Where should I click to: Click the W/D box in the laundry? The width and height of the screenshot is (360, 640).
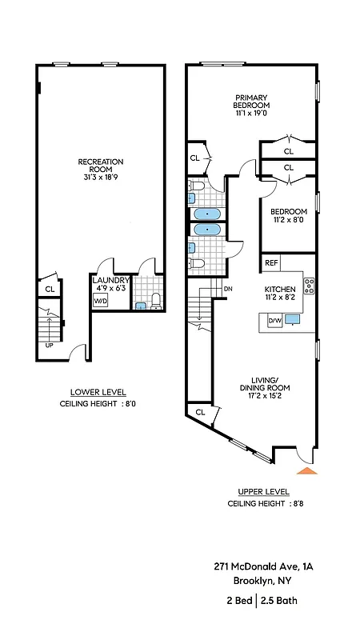101,301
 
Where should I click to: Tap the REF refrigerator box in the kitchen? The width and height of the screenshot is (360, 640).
271,262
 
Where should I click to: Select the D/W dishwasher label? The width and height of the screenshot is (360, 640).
274,321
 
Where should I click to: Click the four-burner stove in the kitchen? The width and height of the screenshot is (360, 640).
309,285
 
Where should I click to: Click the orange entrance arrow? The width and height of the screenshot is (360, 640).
307,470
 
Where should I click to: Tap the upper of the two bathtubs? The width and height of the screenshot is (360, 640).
208,214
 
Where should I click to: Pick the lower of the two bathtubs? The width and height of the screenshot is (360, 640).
208,230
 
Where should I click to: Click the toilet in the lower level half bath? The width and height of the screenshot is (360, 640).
157,302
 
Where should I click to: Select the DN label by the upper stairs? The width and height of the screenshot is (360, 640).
228,289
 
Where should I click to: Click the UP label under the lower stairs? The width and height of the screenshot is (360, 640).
50,346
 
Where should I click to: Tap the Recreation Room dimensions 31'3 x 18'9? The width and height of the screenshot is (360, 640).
100,177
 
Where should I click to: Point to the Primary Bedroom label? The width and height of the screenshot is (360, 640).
251,101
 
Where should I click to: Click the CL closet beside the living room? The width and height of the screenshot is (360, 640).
200,413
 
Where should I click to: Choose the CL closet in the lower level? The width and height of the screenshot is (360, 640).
50,289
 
